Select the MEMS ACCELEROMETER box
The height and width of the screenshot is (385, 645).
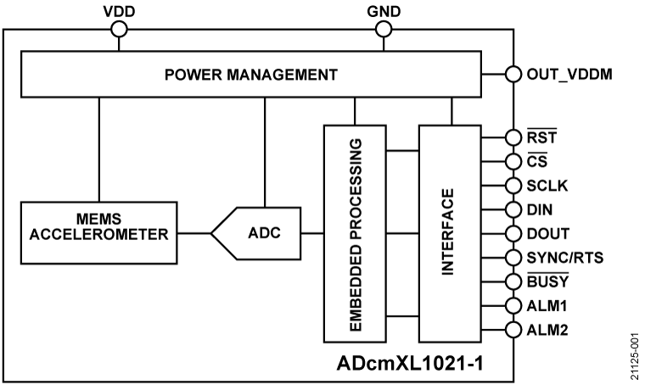(101, 231)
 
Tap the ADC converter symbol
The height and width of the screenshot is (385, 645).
(260, 231)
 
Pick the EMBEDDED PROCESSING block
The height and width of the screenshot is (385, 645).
(355, 231)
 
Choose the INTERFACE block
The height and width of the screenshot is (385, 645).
(448, 231)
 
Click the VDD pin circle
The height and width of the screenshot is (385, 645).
(119, 29)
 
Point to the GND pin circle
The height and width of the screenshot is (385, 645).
(384, 29)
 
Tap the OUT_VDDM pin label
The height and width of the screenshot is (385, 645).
(568, 73)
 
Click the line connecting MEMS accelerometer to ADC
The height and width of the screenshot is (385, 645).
(198, 232)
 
